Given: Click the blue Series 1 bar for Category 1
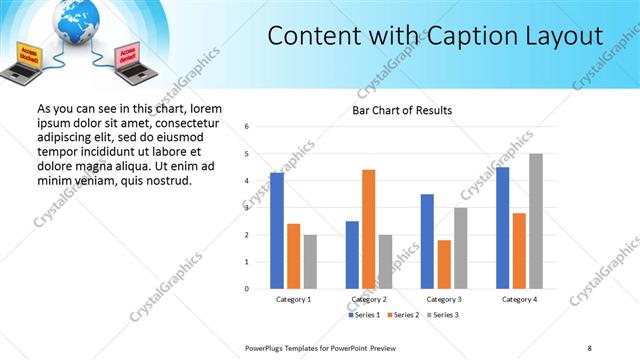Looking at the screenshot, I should coord(277,231).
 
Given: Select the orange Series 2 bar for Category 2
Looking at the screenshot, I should coord(368,229).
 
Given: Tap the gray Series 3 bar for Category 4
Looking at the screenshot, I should coord(536,221).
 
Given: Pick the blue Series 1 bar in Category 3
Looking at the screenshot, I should coord(427,241).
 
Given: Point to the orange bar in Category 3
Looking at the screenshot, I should coord(444,264).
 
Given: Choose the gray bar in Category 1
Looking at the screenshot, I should coord(310,261).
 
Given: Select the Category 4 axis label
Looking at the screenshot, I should coord(520,299).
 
